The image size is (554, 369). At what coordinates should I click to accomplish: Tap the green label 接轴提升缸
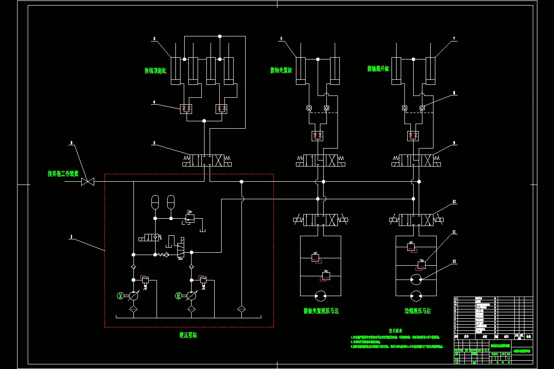point(378,69)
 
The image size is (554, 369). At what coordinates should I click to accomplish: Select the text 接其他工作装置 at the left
point(63,174)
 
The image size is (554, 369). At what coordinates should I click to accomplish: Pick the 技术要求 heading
point(396,331)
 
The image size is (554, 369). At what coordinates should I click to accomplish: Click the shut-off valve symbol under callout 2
point(87,182)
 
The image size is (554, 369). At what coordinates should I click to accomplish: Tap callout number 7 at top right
point(454,39)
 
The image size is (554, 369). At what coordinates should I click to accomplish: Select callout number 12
point(454,262)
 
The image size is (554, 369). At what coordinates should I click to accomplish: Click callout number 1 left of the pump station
point(71,237)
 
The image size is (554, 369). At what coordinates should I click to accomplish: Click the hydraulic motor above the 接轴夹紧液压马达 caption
point(320,295)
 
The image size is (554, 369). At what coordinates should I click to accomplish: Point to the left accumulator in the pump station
point(155,202)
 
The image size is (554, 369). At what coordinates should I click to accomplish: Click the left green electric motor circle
point(120,296)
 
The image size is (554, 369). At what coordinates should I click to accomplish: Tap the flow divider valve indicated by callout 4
point(187,109)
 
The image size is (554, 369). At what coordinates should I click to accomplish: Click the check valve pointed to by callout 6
point(422,108)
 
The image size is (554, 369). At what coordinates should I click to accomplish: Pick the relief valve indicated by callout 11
point(421,265)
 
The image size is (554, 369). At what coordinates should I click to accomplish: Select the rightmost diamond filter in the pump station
point(241,309)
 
